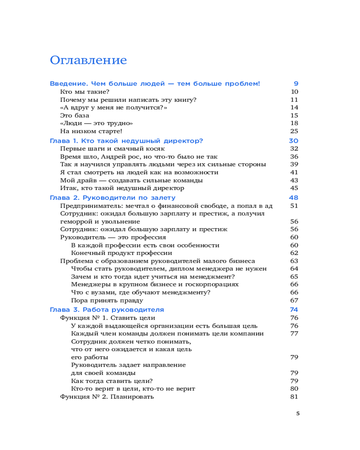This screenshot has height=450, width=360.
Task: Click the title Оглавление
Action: click(x=88, y=60)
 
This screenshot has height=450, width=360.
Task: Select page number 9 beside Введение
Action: click(x=296, y=84)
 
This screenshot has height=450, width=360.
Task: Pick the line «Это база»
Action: click(x=74, y=115)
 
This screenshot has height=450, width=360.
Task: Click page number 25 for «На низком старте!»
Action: click(x=295, y=131)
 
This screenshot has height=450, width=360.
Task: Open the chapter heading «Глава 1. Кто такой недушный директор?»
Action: click(x=126, y=141)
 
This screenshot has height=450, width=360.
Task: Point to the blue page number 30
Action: click(x=294, y=141)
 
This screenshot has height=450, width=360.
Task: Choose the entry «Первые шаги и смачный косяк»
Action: click(x=112, y=148)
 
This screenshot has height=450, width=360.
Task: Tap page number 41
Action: click(x=295, y=172)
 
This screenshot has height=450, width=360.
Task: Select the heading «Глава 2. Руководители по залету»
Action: click(x=112, y=198)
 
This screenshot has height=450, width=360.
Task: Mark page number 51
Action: click(x=295, y=206)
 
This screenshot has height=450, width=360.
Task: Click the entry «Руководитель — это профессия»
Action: click(x=113, y=237)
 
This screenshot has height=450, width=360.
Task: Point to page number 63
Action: click(x=295, y=261)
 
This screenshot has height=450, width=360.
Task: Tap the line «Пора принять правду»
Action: click(x=107, y=300)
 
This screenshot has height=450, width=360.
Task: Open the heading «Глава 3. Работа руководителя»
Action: click(x=107, y=310)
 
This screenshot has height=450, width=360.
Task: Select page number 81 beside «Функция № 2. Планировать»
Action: click(x=295, y=396)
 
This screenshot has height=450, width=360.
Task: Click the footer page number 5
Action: click(x=297, y=414)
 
